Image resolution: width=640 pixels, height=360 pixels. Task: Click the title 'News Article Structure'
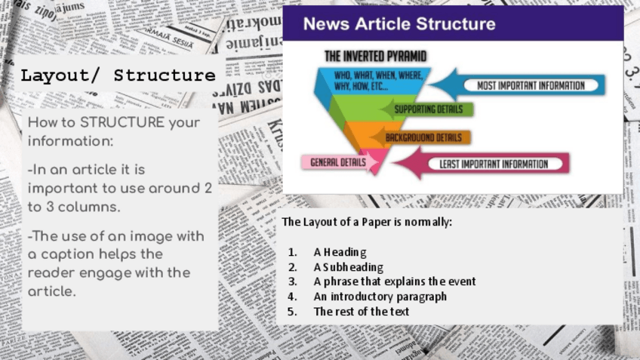[399, 24]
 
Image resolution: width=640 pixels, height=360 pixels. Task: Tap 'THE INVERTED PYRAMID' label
[375, 56]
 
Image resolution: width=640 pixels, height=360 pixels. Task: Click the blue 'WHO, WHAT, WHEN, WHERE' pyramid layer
[370, 82]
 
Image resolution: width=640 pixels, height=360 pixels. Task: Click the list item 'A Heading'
[340, 252]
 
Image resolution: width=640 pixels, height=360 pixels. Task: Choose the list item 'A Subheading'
[348, 267]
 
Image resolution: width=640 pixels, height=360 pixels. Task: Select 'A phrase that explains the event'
[394, 282]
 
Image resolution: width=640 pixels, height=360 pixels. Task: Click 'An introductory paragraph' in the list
[380, 297]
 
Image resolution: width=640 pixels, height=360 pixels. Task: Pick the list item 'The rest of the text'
[361, 311]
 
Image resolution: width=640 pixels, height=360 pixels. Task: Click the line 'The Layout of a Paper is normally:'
[367, 223]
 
